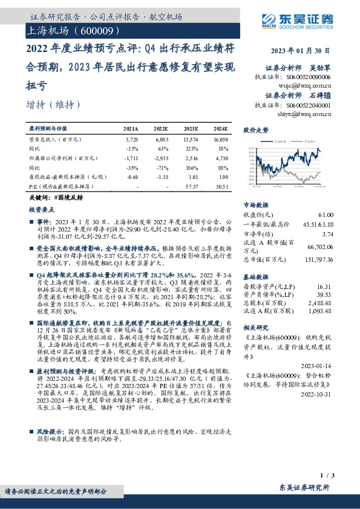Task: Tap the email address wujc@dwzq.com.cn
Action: (x=310, y=85)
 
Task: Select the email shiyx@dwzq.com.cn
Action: (x=310, y=113)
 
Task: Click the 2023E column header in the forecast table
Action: (x=191, y=129)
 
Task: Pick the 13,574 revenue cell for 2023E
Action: (x=191, y=139)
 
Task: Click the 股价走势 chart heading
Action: (x=257, y=130)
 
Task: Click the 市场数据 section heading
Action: (x=257, y=204)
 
